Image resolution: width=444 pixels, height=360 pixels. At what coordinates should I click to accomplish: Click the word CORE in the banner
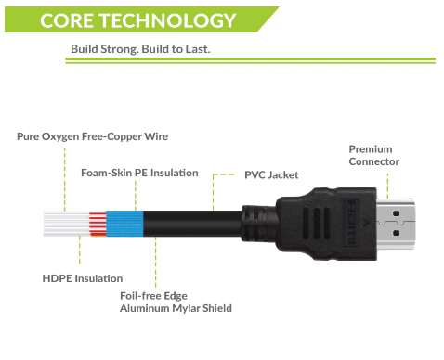67,20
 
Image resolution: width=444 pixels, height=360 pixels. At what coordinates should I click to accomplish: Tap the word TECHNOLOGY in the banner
167,20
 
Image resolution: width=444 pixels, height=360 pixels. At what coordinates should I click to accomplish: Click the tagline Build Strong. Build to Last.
140,49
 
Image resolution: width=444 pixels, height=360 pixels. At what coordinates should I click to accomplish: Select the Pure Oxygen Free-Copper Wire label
92,136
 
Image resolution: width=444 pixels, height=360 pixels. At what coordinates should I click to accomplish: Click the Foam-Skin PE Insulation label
139,173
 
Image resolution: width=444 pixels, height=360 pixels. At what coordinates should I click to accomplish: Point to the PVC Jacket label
271,175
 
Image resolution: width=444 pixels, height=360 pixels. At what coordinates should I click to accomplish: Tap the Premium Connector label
373,155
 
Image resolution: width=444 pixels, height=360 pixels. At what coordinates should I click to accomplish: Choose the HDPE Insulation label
83,278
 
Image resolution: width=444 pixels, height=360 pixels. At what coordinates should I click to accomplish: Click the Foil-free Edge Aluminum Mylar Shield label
176,302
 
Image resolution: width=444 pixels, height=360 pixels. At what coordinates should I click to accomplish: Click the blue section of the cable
124,224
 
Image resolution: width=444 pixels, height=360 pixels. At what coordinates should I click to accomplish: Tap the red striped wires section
98,224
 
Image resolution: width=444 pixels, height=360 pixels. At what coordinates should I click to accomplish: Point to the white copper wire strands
66,224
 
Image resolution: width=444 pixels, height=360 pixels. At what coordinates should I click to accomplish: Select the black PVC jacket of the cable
192,224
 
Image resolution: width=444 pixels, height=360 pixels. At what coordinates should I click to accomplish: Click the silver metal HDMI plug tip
396,224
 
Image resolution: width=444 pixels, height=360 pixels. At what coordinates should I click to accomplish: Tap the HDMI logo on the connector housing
351,222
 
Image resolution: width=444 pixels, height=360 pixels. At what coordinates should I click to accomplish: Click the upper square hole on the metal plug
396,213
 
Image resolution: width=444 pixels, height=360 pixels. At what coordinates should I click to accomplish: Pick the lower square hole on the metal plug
396,233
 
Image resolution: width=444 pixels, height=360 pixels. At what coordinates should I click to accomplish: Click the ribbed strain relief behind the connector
259,224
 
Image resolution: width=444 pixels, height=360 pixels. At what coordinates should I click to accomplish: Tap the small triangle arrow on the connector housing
364,222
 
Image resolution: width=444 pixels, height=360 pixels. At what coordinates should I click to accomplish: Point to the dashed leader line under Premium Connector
387,186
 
